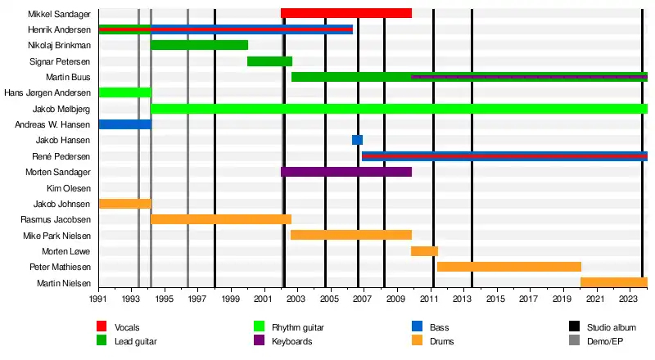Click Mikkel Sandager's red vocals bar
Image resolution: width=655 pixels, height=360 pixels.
346,13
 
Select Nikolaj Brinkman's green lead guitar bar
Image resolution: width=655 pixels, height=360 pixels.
199,45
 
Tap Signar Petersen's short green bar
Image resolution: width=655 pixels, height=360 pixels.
269,61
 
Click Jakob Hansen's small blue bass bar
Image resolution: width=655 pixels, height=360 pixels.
357,140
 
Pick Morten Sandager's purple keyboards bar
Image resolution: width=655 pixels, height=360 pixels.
346,172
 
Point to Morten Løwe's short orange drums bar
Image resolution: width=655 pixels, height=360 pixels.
424,251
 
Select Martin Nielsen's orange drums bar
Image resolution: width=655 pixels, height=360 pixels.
614,283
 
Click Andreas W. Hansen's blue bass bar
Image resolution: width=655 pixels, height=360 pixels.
124,124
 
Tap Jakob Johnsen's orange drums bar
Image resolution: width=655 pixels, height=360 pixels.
124,204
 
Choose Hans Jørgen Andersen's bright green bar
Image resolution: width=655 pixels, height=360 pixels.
124,92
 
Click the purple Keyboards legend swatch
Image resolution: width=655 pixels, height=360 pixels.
260,340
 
